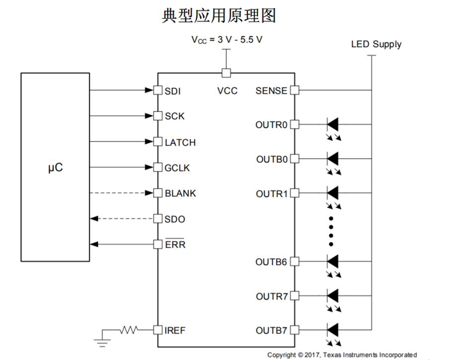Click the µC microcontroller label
(55, 168)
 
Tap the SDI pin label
(172, 91)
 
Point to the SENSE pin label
(271, 91)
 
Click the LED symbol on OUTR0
(332, 124)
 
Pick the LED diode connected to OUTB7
(332, 330)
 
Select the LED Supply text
(376, 44)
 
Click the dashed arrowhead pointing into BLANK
(149, 193)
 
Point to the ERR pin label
(175, 245)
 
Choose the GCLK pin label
(177, 168)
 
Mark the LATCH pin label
(180, 143)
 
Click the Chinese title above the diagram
(219, 15)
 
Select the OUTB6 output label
(271, 262)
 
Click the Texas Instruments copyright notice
(342, 355)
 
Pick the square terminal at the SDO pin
(157, 219)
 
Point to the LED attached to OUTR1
(332, 193)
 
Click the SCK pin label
(174, 116)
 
